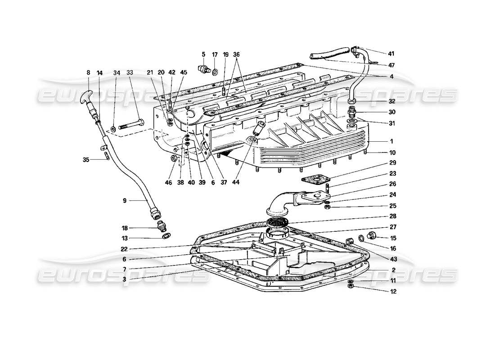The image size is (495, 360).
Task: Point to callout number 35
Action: click(x=86, y=159)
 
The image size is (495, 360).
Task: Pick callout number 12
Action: click(x=381, y=292)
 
